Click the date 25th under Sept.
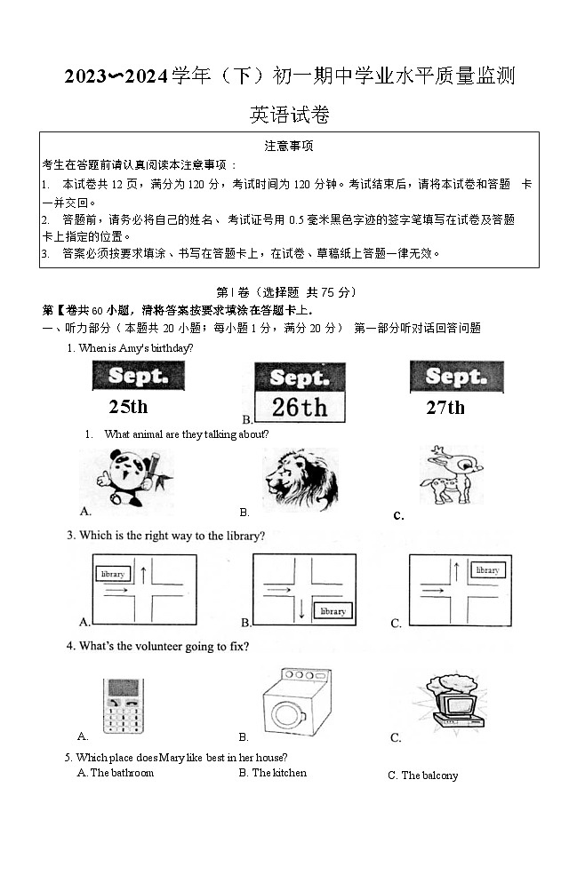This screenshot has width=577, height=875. tap(128, 407)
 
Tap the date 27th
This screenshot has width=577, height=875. tap(445, 408)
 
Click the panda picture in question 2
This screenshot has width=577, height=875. tap(134, 478)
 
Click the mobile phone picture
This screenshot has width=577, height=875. tap(123, 705)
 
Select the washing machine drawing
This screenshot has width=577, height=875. tap(296, 702)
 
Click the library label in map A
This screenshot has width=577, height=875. tap(113, 574)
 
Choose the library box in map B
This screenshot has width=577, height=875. tap(333, 611)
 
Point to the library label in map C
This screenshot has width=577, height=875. tap(487, 570)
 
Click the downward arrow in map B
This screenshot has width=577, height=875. tap(302, 609)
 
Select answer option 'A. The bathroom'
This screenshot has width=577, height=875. tap(116, 773)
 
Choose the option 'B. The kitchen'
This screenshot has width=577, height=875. tap(273, 773)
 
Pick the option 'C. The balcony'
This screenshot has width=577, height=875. tap(423, 776)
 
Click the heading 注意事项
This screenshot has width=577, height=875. tap(289, 146)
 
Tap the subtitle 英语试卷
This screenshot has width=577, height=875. tap(289, 115)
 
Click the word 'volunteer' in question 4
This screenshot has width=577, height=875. tap(157, 646)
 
